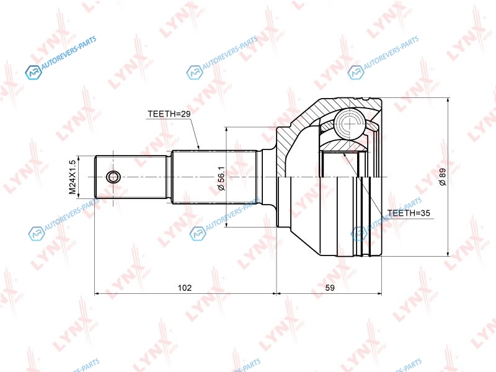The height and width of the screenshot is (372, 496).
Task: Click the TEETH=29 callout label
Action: pyautogui.click(x=169, y=114)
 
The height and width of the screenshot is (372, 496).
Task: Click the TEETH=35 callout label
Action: pyautogui.click(x=409, y=213)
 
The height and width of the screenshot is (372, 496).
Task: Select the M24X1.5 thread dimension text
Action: pyautogui.click(x=73, y=177)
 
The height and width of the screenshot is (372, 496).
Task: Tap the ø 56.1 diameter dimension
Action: pyautogui.click(x=221, y=179)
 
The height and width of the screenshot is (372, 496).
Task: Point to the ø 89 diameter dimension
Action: pyautogui.click(x=442, y=177)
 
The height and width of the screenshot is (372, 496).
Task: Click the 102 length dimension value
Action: pyautogui.click(x=185, y=288)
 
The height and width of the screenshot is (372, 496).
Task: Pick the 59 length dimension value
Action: pyautogui.click(x=330, y=288)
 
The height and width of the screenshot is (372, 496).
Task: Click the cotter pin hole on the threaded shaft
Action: pyautogui.click(x=113, y=177)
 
